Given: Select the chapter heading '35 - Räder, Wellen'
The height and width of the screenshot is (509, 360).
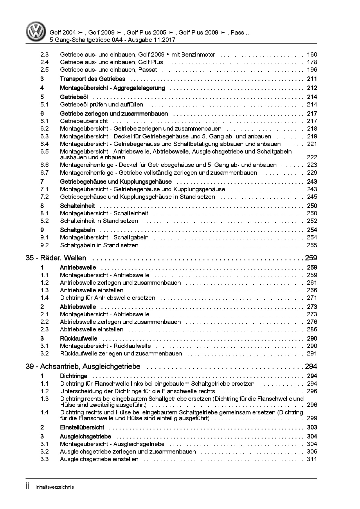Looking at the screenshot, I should [56, 258].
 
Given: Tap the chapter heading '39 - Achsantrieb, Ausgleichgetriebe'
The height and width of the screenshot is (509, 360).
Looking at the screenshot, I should [83, 367].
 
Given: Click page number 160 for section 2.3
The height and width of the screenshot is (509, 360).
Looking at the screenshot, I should [312, 55].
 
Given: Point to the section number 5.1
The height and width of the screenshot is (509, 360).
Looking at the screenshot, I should [44, 104].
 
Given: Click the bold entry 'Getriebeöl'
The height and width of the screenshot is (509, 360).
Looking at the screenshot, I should [74, 97].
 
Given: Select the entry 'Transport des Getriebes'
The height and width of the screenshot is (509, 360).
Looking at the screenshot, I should [92, 79].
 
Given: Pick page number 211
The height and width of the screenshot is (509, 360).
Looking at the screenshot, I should [312, 79].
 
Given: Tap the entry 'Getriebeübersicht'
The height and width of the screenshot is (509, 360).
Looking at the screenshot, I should [84, 121].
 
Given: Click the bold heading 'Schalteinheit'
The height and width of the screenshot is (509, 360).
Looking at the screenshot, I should [77, 206].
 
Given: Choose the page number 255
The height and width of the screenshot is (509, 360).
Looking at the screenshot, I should [312, 245].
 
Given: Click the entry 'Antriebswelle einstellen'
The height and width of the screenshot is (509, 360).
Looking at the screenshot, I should [91, 290].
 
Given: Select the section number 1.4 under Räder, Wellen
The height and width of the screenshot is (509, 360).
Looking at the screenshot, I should [44, 298].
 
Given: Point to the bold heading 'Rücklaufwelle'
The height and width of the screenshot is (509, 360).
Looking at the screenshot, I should [78, 338].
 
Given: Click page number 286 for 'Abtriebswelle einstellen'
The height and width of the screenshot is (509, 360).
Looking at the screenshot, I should [312, 329].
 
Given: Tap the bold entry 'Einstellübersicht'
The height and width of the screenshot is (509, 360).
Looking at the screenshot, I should [82, 427].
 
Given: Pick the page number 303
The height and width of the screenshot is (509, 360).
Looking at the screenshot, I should [312, 427].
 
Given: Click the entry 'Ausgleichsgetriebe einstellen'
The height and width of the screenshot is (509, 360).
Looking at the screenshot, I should [99, 459].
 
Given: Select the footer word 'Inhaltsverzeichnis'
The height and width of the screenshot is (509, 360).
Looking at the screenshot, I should [55, 487].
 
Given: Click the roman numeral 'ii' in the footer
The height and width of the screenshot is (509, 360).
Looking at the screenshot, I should [28, 487].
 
